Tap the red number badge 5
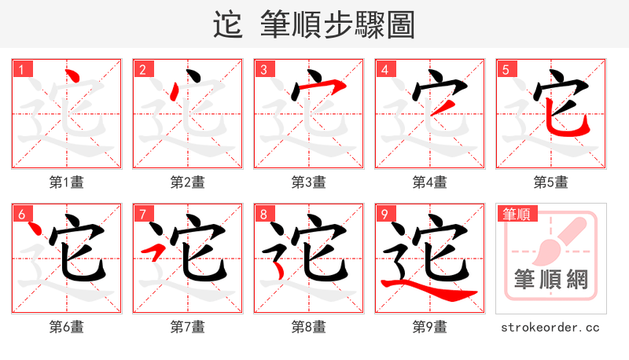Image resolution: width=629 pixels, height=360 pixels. (506, 69)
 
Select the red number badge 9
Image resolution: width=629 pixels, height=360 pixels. (385, 214)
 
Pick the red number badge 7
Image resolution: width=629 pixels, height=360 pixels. (143, 214)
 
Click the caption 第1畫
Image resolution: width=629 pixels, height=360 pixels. (67, 182)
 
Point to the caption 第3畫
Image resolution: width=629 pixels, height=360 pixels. (309, 182)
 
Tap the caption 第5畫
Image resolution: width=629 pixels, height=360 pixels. (551, 182)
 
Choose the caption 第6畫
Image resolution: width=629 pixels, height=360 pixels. (67, 327)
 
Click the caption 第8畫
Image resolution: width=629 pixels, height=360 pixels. (309, 327)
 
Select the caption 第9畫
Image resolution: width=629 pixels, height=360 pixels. (430, 327)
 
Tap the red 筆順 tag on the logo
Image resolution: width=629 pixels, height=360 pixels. (515, 214)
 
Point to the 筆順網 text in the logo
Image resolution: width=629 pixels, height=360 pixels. (551, 280)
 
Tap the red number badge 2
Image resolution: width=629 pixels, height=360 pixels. (143, 69)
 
